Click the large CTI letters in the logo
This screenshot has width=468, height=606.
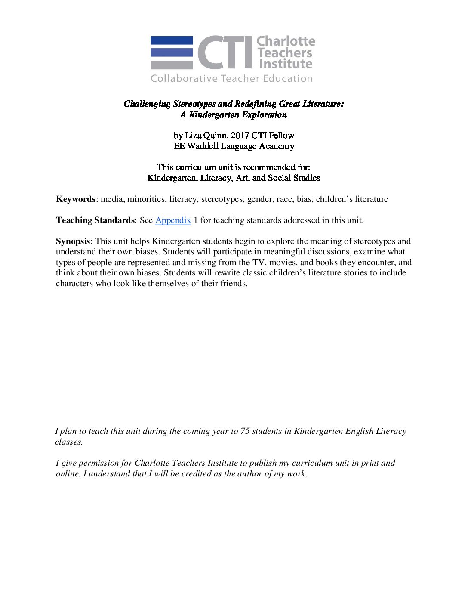tap(225, 53)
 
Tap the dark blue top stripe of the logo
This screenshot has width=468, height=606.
tap(171, 40)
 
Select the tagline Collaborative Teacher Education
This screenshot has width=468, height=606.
tap(231, 78)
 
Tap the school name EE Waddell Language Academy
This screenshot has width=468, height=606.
tap(234, 146)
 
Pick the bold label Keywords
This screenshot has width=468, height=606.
tap(76, 199)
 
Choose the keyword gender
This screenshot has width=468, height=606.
tap(257, 199)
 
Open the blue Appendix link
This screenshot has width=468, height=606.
tap(173, 220)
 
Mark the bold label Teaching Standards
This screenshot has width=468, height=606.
tap(95, 220)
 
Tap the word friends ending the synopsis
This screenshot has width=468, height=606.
tap(233, 283)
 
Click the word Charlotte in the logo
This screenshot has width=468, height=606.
tap(286, 41)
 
